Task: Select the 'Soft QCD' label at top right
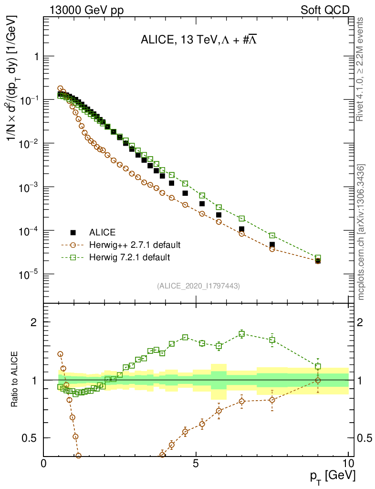(325, 10)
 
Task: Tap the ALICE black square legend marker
(73, 233)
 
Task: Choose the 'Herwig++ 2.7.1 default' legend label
(135, 245)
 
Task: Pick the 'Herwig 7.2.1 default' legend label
(130, 257)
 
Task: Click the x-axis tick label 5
(196, 463)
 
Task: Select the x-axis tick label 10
(348, 463)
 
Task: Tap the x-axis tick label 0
(44, 463)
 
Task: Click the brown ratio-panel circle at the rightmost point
(318, 380)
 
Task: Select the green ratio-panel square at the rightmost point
(318, 366)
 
